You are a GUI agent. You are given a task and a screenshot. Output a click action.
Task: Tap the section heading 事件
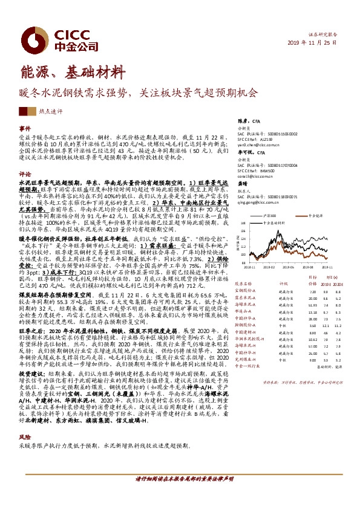[25, 129]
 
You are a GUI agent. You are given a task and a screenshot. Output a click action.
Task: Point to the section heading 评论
[25, 173]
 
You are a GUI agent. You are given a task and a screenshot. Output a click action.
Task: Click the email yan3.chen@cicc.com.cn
[257, 145]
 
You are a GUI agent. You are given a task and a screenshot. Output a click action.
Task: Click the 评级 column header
[282, 282]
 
